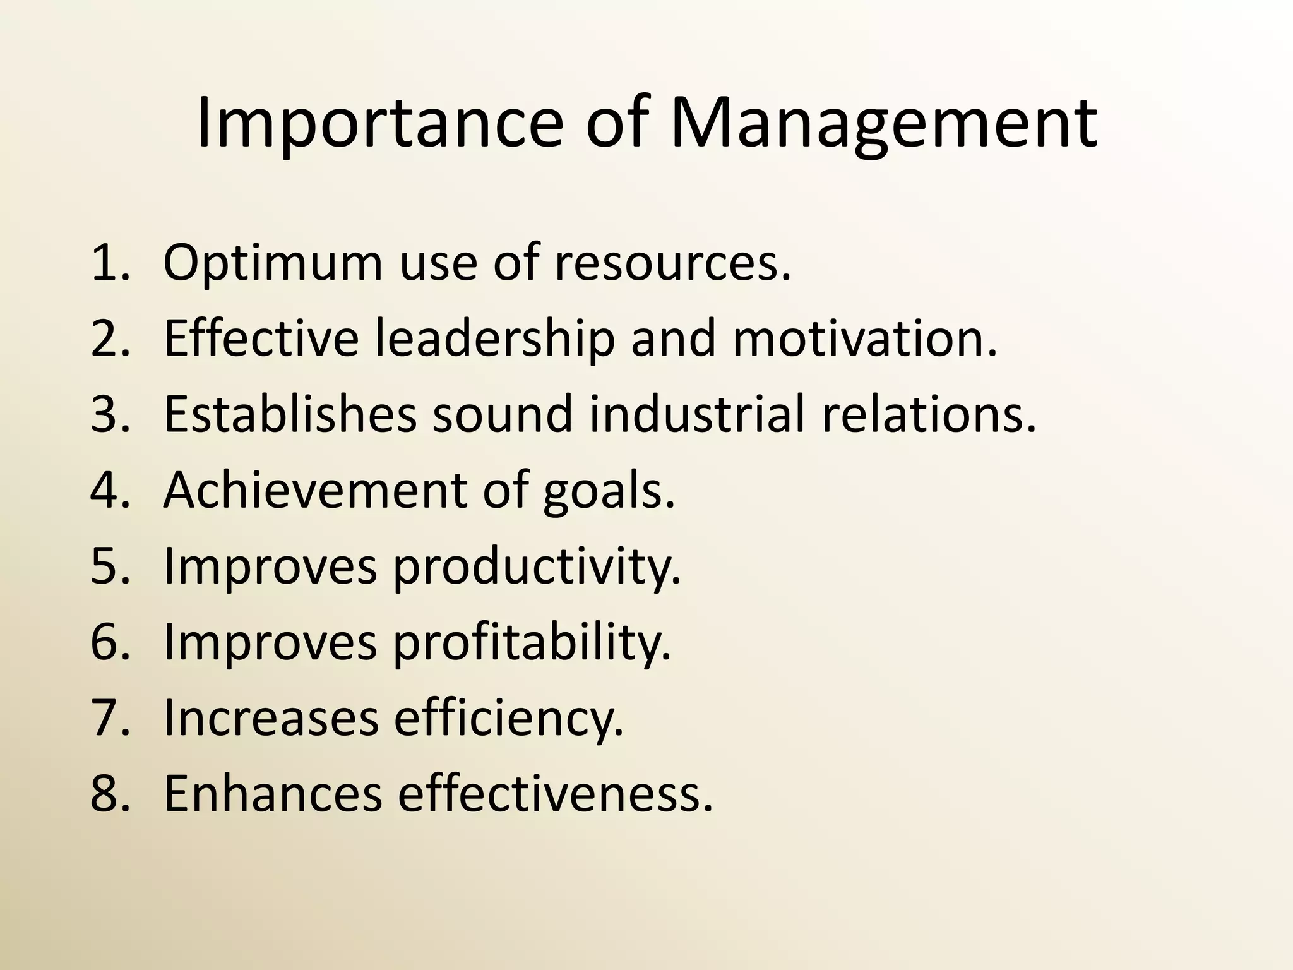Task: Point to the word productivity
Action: click(x=537, y=566)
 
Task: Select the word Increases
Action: click(x=271, y=718)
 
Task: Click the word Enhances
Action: click(x=273, y=794)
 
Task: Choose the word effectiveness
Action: click(x=555, y=794)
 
